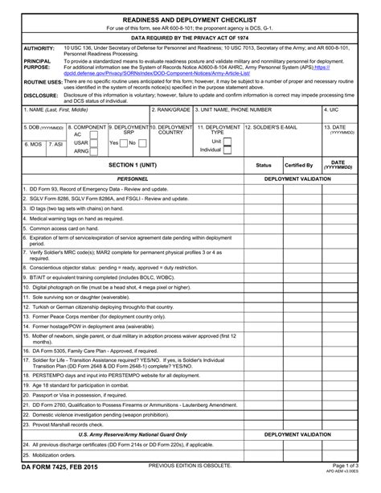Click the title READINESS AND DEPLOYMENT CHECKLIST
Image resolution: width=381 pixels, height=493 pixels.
point(190,18)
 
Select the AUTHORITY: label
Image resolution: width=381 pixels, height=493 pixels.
point(39,47)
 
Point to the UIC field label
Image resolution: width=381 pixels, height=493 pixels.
point(330,109)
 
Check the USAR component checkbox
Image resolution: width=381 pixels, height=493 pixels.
point(103,142)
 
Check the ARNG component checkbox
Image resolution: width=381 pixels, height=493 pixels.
point(103,151)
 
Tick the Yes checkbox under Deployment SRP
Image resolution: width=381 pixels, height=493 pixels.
point(123,142)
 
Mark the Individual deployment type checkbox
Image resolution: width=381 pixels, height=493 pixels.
point(227,150)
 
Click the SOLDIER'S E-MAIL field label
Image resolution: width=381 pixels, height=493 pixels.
point(272,127)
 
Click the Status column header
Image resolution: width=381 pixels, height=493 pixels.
point(263,164)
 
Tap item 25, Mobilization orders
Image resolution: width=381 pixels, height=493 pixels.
point(51,454)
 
